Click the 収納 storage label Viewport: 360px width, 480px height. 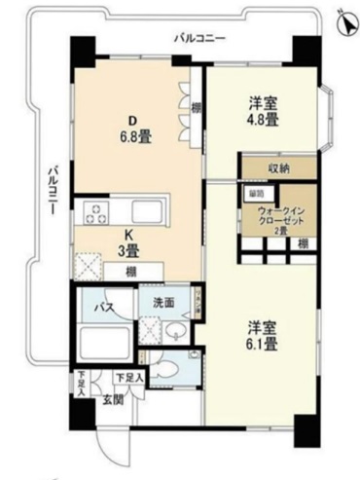pyautogui.click(x=279, y=168)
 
